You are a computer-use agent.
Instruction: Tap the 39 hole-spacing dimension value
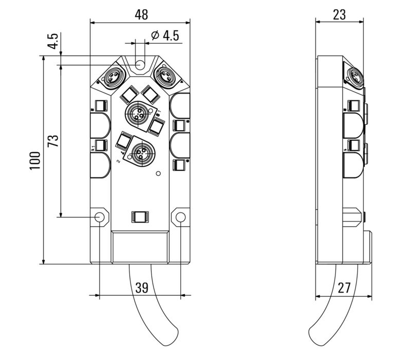141,287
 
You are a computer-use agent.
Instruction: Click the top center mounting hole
140,65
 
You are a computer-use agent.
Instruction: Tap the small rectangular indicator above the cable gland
140,217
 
